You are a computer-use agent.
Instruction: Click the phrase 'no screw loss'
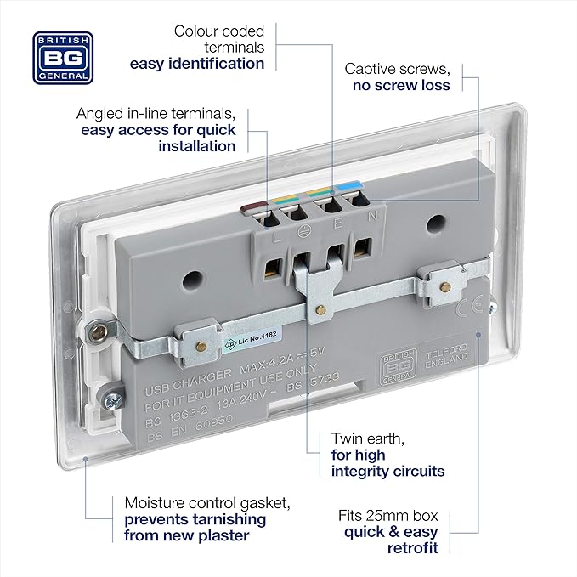click(400, 85)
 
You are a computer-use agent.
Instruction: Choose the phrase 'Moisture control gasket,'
click(196, 502)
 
